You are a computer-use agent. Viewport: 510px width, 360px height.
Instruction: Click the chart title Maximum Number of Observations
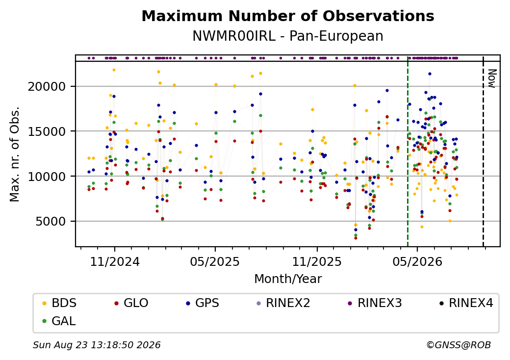coord(288,16)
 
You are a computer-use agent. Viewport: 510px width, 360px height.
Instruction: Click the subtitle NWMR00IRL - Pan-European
coord(288,36)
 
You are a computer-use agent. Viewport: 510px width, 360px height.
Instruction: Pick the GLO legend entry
coord(131,303)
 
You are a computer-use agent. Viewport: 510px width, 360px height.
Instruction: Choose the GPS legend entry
coord(203,303)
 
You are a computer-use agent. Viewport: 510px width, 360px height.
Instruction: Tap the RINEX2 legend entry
coord(283,303)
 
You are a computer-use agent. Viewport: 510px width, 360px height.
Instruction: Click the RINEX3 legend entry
coord(375,303)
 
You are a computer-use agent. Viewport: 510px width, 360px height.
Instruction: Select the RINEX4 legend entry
coord(466,303)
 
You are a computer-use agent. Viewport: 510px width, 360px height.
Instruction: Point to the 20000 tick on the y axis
coord(47,86)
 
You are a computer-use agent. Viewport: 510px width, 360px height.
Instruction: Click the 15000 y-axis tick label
coord(47,131)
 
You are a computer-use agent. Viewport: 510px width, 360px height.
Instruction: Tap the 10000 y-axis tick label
coord(47,176)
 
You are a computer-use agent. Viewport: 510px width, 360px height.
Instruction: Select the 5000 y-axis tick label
coord(51,222)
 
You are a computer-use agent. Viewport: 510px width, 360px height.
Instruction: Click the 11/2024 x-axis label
coord(114,262)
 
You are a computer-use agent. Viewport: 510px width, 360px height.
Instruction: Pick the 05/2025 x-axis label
coord(215,262)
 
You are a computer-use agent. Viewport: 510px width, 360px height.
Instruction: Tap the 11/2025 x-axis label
coord(317,262)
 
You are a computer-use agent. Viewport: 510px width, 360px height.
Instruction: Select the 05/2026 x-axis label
coord(417,262)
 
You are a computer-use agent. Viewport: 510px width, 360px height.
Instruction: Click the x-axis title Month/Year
coord(288,279)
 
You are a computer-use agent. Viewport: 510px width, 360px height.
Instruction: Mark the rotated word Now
coord(491,78)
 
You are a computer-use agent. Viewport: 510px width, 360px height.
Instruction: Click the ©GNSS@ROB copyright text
coord(459,345)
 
